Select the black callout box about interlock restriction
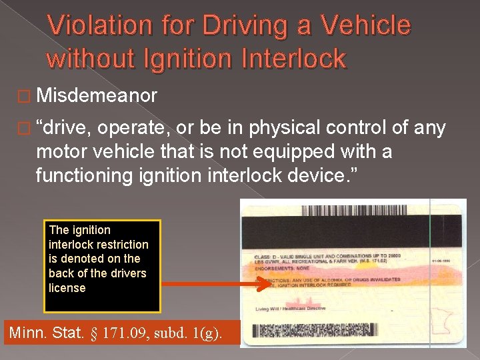(x=102, y=266)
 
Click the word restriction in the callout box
(x=121, y=244)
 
